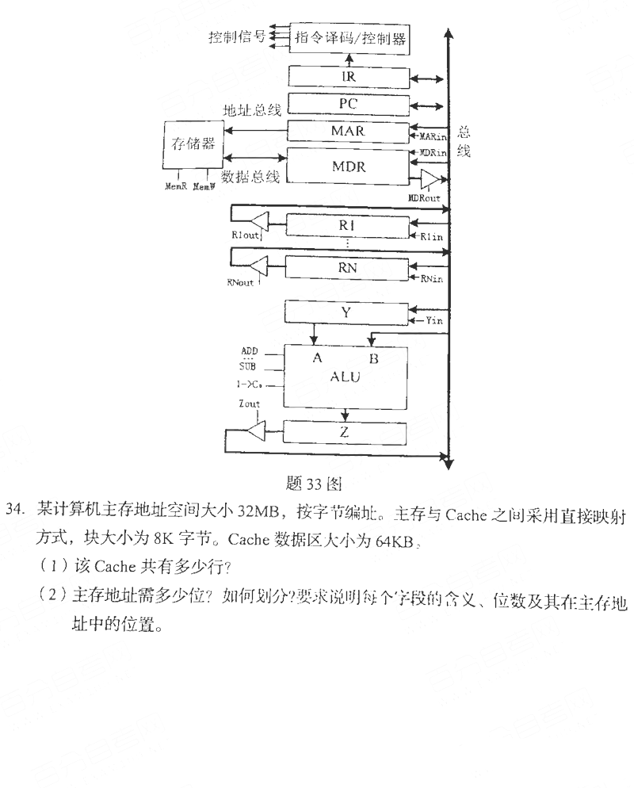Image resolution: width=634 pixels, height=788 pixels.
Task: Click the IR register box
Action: click(348, 77)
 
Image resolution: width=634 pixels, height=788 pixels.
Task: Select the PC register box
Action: click(348, 103)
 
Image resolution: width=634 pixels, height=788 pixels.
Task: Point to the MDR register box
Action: click(348, 166)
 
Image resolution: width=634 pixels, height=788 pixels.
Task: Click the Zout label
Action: click(249, 404)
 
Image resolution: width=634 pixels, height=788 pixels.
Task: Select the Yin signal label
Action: click(433, 319)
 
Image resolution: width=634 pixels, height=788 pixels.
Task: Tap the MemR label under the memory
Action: click(175, 187)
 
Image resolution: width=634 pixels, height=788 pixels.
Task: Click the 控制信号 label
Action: click(237, 36)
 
